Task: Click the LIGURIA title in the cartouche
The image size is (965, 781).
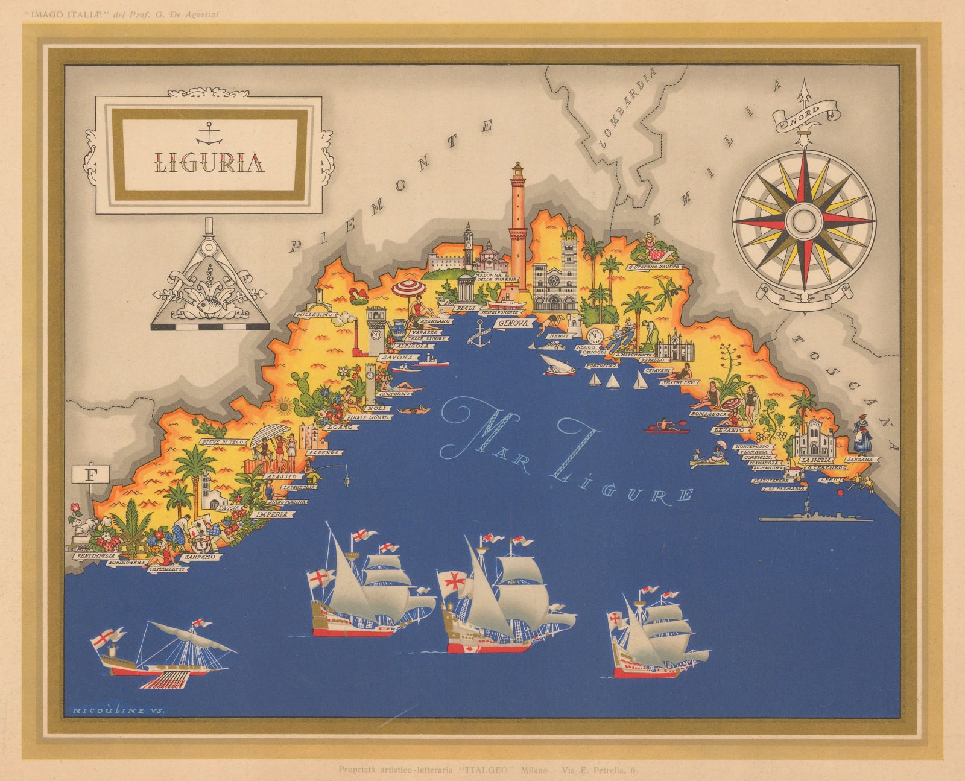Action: (210, 162)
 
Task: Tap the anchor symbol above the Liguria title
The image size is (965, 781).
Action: (210, 132)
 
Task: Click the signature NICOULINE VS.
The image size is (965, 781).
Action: (118, 710)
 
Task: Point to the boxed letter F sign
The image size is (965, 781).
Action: (92, 474)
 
